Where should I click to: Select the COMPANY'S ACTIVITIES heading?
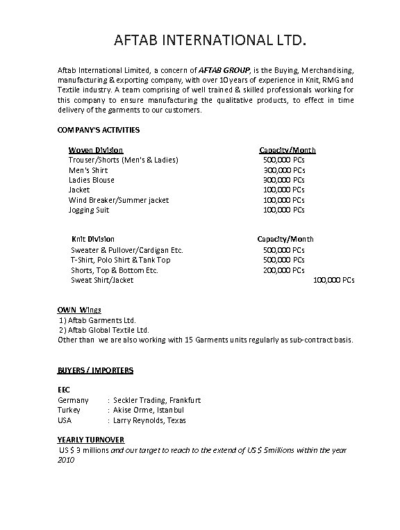pyautogui.click(x=98, y=130)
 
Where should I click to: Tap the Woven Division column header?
pyautogui.click(x=96, y=150)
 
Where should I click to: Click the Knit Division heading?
pyautogui.click(x=93, y=239)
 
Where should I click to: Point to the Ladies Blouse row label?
pyautogui.click(x=92, y=180)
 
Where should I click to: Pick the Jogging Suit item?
pyautogui.click(x=89, y=210)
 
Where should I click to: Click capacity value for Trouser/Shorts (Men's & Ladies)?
pyautogui.click(x=283, y=160)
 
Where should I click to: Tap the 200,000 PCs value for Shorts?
pyautogui.click(x=283, y=270)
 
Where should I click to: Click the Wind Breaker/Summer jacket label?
pyautogui.click(x=119, y=200)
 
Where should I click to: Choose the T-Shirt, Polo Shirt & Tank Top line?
pyautogui.click(x=120, y=260)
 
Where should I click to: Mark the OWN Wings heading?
pyautogui.click(x=79, y=310)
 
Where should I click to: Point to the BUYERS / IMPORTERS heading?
pyautogui.click(x=95, y=371)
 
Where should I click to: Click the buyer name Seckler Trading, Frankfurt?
pyautogui.click(x=156, y=400)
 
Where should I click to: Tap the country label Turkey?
pyautogui.click(x=69, y=410)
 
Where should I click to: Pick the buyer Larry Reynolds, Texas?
pyautogui.click(x=149, y=420)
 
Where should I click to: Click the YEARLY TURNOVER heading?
pyautogui.click(x=90, y=440)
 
